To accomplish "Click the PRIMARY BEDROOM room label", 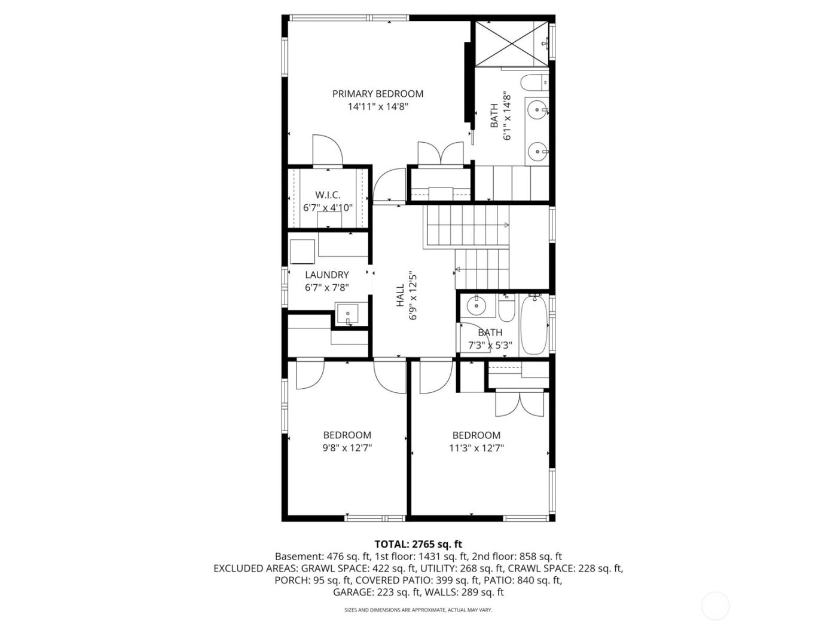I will [377, 94].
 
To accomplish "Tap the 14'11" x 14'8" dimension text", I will [377, 107].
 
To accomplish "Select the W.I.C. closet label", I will [328, 195].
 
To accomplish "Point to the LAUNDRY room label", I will [326, 275].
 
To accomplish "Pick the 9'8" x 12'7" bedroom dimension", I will [347, 448].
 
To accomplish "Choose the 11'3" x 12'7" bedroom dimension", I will [476, 448].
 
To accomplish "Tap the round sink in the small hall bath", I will [476, 306].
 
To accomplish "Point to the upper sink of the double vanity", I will [538, 109].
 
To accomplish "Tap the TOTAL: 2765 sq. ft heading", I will [418, 544].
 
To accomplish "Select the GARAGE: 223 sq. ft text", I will [376, 592].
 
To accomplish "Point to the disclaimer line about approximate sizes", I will [418, 610].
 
